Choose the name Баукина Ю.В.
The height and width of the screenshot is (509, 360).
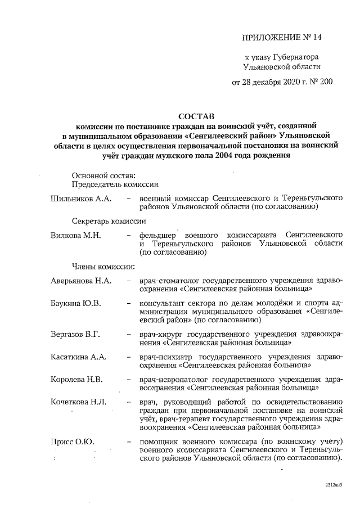point(76,304)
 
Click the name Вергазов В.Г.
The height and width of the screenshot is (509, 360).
point(75,335)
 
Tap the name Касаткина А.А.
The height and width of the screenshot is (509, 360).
point(78,357)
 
